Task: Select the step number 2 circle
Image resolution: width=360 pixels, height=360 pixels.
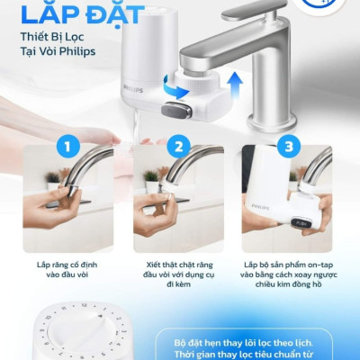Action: pos(180,145)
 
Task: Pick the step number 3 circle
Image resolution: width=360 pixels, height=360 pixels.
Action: pos(289,145)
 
